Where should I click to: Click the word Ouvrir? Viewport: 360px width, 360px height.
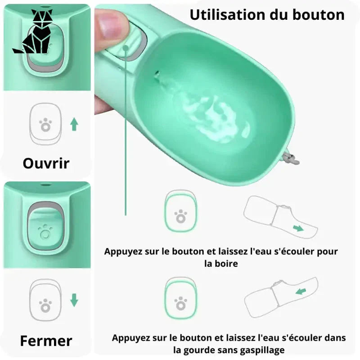click(x=46, y=163)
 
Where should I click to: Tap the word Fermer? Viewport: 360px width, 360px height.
click(x=46, y=341)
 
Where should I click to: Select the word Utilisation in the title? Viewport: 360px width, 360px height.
click(x=228, y=15)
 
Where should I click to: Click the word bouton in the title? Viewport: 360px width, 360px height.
click(x=319, y=15)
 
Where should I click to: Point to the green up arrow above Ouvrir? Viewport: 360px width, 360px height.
click(x=74, y=124)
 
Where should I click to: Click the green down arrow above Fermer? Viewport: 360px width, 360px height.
click(x=74, y=300)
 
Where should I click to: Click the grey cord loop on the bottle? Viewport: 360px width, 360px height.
click(x=291, y=158)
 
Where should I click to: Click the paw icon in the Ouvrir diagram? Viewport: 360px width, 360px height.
click(x=45, y=125)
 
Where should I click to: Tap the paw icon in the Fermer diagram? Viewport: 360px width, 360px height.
click(x=45, y=306)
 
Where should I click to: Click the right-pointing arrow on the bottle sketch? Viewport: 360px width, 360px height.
click(x=298, y=228)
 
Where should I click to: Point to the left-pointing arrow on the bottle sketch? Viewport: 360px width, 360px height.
click(x=301, y=291)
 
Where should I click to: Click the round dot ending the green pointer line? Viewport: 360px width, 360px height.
click(x=126, y=48)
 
